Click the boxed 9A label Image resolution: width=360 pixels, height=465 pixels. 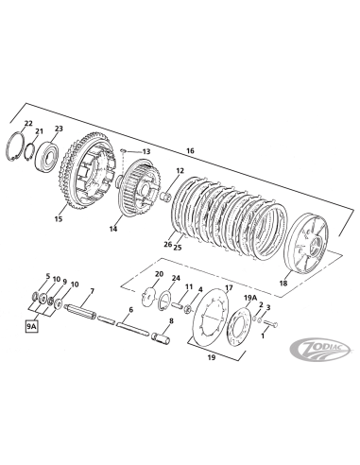pos(31,327)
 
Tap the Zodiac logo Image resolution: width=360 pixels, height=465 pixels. pos(319,350)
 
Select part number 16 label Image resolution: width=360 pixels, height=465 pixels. pos(190,150)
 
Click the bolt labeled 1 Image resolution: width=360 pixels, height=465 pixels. pos(271,323)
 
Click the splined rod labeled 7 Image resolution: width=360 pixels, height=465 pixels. pos(79,312)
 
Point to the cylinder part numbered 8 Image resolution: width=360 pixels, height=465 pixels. pos(162,336)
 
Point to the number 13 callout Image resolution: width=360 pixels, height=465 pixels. pos(146,151)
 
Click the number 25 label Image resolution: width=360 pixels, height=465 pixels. pos(178,248)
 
